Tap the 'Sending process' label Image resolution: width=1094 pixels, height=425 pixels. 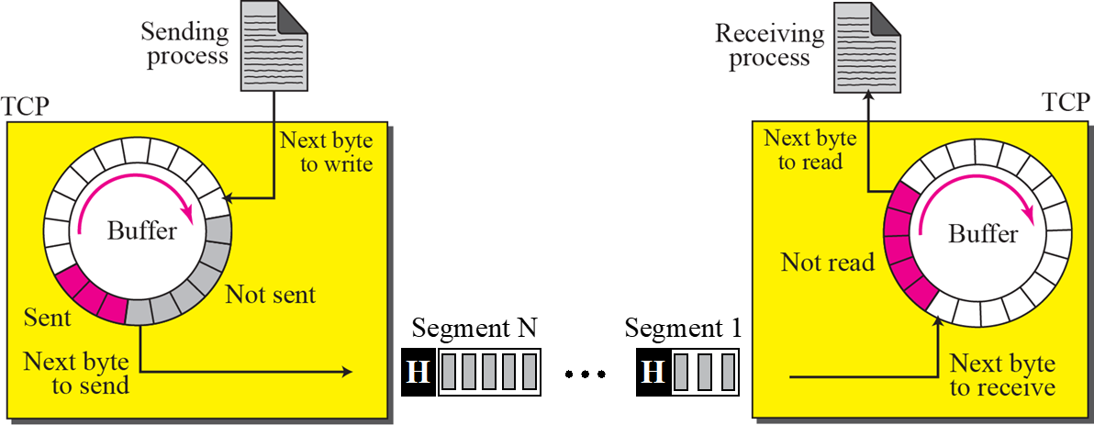click(x=184, y=43)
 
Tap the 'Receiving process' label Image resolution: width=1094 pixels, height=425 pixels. click(x=769, y=46)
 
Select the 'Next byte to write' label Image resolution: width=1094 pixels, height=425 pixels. click(x=326, y=152)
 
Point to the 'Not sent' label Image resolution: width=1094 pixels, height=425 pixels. click(x=270, y=295)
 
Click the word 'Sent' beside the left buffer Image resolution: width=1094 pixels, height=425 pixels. click(x=48, y=319)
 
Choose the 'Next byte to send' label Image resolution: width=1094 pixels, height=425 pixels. click(x=77, y=372)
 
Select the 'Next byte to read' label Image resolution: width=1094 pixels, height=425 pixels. click(x=809, y=150)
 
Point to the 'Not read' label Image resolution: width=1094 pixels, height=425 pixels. click(x=827, y=263)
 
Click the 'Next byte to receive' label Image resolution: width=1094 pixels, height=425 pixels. click(x=1002, y=375)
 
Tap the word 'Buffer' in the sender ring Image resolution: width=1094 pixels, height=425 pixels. click(x=141, y=229)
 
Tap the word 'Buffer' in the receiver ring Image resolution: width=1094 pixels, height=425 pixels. click(x=983, y=233)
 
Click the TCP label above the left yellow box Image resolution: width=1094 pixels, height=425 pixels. click(x=25, y=104)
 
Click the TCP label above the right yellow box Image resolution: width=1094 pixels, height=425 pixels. click(x=1066, y=103)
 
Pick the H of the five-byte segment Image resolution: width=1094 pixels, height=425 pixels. click(x=418, y=373)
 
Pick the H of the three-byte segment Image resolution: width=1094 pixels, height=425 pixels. click(x=652, y=373)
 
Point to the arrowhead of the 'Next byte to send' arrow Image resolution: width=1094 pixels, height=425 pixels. click(x=348, y=372)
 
